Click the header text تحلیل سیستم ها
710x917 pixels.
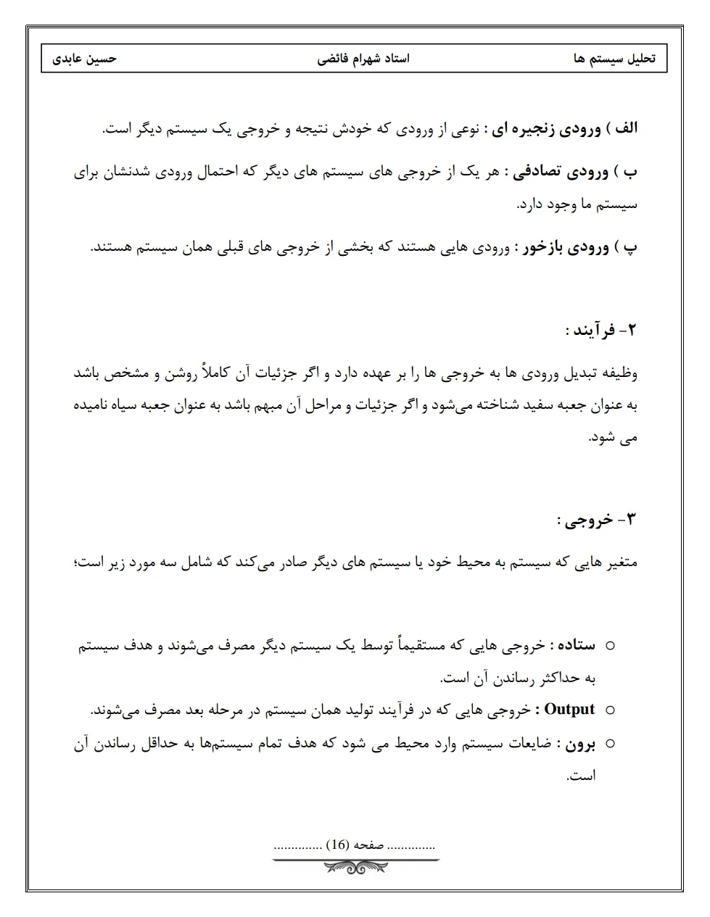coord(614,59)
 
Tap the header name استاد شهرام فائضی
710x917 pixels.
coord(363,59)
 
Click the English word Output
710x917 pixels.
coord(569,709)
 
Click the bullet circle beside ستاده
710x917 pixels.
coord(609,645)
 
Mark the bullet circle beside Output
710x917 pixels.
coord(609,710)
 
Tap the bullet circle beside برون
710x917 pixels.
coord(609,744)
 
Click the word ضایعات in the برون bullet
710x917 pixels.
coord(529,744)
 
